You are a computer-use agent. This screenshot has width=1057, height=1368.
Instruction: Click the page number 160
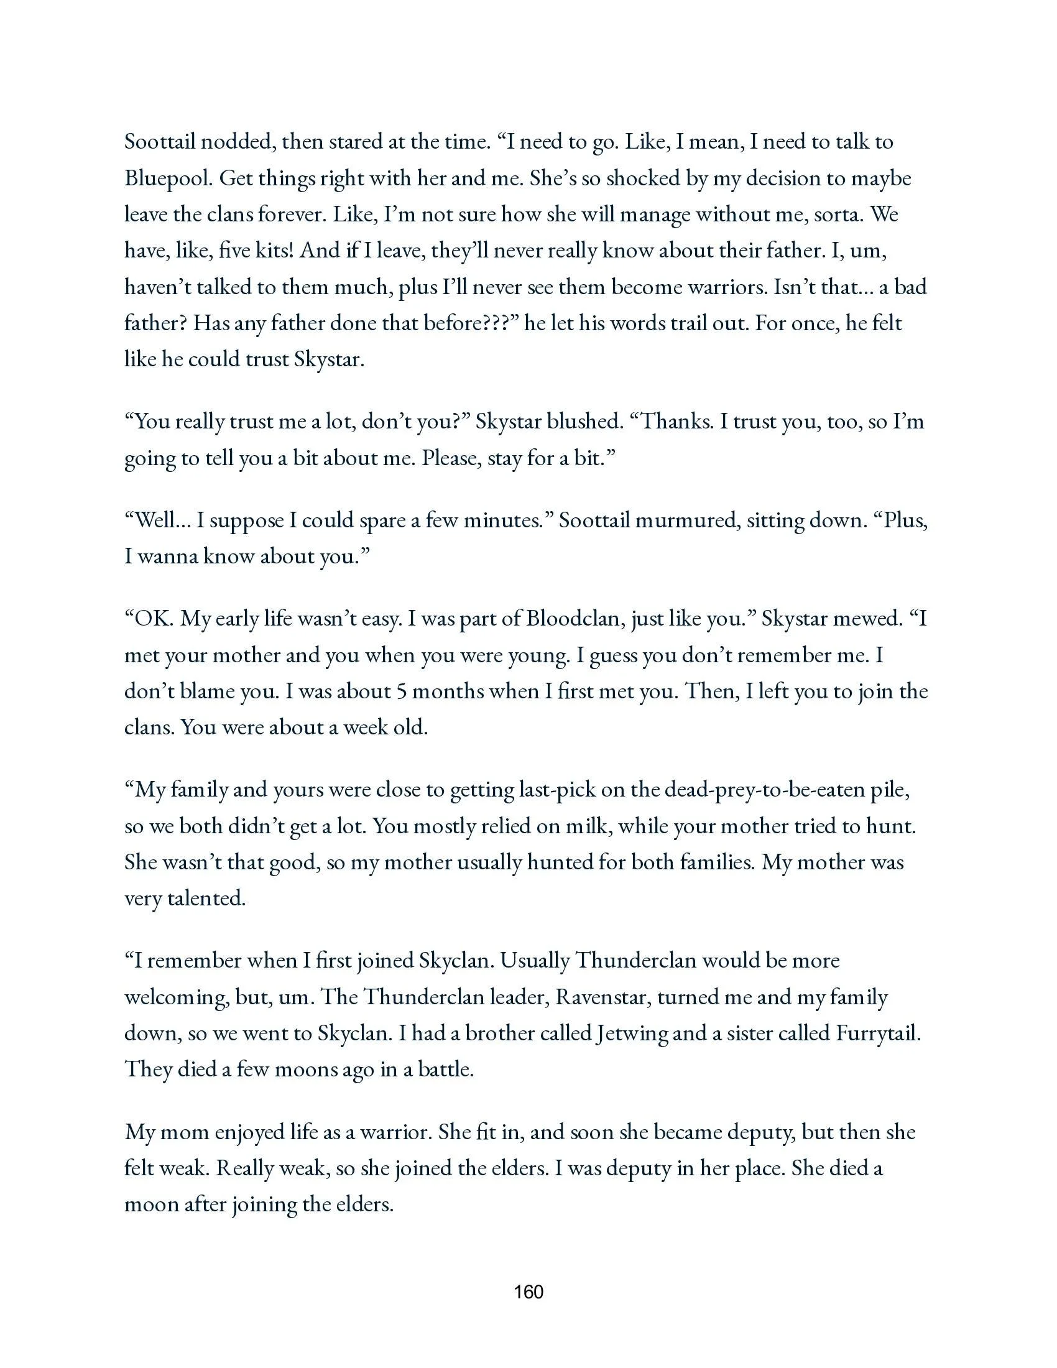[528, 1292]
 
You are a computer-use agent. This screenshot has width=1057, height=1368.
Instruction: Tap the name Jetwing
[631, 1033]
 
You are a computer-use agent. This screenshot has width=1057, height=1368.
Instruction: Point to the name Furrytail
[877, 1033]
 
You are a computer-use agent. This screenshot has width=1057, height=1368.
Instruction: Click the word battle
[445, 1070]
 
